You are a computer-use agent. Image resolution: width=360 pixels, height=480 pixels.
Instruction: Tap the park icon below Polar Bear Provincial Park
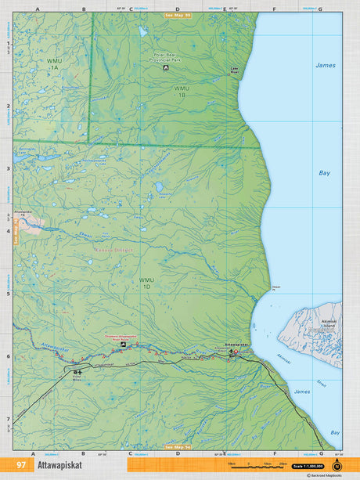(166, 68)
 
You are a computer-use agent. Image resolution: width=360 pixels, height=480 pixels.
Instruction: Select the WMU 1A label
(53, 64)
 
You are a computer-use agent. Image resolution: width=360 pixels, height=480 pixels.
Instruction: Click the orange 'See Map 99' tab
(178, 15)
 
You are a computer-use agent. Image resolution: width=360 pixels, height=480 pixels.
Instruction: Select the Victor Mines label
(77, 377)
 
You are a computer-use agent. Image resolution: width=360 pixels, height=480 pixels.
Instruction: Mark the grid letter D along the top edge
(178, 9)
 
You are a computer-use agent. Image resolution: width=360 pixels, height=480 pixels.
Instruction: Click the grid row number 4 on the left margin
(8, 231)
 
